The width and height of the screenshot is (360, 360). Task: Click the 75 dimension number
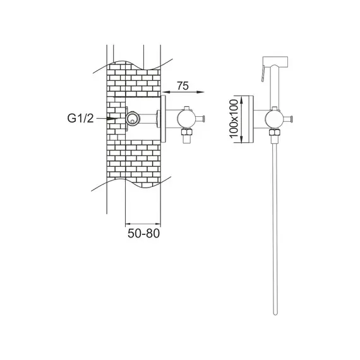183,86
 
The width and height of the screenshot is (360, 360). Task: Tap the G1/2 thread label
80,119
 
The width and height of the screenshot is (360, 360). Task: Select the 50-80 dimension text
143,234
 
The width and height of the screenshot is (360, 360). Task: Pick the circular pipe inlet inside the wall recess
133,119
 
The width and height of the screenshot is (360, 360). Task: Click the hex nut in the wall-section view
187,132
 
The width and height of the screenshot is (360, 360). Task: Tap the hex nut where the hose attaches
275,133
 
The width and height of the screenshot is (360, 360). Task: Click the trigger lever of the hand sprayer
263,73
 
